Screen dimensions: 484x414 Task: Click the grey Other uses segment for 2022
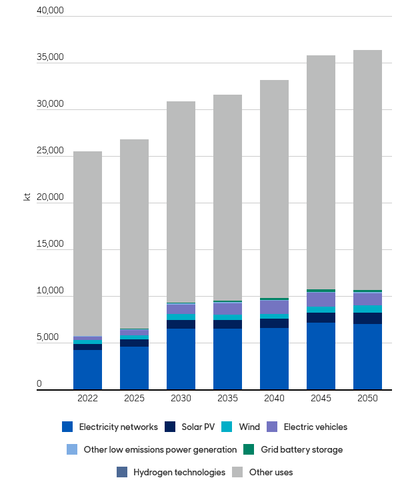click(x=87, y=243)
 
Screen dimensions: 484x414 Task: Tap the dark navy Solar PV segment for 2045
click(x=321, y=317)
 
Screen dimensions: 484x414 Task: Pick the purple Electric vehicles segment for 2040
click(x=274, y=307)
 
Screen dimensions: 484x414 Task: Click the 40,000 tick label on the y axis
click(x=50, y=11)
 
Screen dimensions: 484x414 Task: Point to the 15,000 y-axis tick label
click(x=50, y=244)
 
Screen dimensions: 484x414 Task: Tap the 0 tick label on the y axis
click(x=39, y=384)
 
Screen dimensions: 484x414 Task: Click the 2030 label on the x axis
click(x=181, y=398)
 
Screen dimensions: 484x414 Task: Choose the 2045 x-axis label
click(x=321, y=398)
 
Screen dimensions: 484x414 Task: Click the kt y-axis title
click(x=27, y=197)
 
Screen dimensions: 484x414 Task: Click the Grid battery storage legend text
click(x=301, y=449)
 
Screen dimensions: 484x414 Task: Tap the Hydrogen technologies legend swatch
click(x=121, y=472)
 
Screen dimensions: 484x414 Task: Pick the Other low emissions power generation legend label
click(x=160, y=449)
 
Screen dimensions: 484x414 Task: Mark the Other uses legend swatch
click(x=237, y=472)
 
